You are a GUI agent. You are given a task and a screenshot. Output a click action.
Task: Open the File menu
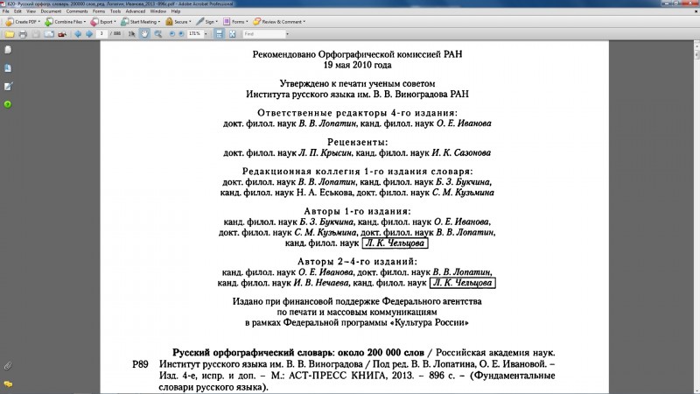coord(6,11)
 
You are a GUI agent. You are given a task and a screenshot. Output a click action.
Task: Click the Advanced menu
coord(135,11)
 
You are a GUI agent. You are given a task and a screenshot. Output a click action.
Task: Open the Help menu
coord(175,11)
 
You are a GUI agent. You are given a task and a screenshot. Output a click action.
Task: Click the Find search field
coord(262,33)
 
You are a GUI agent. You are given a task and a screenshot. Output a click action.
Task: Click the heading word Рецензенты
coord(357,141)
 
